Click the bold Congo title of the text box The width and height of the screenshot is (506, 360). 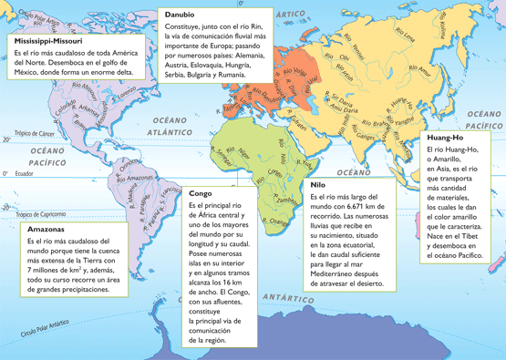pyautogui.click(x=201, y=193)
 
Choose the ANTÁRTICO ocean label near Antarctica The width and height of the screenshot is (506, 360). pyautogui.click(x=289, y=297)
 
